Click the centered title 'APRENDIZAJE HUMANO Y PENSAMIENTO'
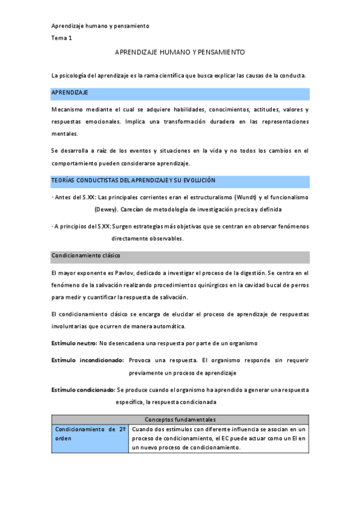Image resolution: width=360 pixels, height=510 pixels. (x=180, y=53)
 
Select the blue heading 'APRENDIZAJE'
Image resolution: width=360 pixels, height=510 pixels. (x=70, y=93)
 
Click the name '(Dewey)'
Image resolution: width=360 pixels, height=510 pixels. (x=106, y=209)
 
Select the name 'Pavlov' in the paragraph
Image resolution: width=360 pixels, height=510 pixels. (x=118, y=274)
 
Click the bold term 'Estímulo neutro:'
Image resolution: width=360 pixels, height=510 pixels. (x=75, y=343)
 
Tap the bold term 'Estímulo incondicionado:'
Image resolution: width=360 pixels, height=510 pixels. (x=88, y=360)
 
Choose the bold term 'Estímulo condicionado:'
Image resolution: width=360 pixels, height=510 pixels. (x=84, y=390)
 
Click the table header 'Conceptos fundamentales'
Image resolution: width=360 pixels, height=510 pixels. (x=180, y=419)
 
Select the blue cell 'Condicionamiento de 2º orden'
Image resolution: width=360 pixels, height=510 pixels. (x=90, y=434)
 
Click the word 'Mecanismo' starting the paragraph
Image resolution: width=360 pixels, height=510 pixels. (x=68, y=110)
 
